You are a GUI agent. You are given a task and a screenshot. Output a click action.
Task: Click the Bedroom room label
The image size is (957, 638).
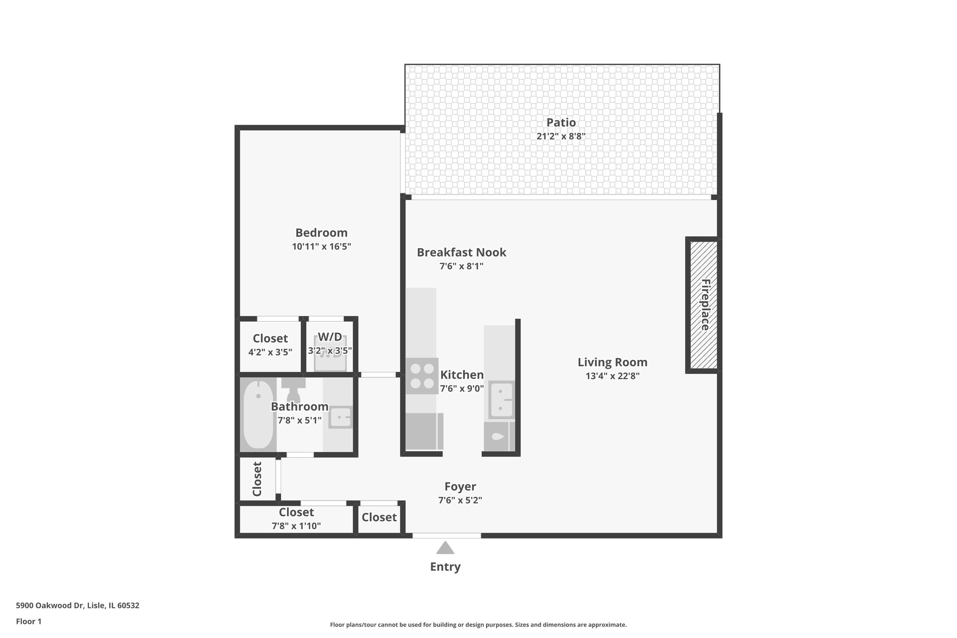(321, 233)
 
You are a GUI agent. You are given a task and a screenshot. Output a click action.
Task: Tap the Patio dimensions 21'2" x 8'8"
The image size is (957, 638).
(561, 136)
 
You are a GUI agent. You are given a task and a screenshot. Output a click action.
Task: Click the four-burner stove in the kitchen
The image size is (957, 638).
(422, 376)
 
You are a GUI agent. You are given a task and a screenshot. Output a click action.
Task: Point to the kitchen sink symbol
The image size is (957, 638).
(501, 400)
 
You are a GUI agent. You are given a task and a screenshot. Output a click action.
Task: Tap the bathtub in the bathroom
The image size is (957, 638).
(258, 415)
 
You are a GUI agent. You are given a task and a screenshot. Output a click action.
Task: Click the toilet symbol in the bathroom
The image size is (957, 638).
(293, 391)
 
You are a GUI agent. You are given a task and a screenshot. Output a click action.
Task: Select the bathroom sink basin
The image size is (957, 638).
(340, 417)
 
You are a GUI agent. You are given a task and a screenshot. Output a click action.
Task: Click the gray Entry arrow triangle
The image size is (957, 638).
(445, 548)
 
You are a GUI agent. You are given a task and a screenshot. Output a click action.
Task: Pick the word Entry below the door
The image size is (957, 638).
(445, 567)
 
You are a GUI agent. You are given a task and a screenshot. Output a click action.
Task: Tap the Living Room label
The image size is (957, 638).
(612, 362)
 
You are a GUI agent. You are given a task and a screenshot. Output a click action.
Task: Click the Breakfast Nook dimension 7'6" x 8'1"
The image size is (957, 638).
(461, 266)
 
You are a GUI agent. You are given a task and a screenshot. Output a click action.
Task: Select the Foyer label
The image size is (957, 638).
(460, 487)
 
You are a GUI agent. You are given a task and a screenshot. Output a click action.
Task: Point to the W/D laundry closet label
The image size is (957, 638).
(330, 337)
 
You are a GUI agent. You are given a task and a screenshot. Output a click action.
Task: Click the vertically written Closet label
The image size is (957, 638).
(257, 479)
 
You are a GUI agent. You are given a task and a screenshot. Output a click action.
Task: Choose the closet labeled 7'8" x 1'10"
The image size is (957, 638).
(296, 519)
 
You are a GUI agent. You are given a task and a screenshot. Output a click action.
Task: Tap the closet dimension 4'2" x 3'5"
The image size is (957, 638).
(270, 352)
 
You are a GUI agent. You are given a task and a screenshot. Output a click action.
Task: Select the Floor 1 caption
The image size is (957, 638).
(29, 621)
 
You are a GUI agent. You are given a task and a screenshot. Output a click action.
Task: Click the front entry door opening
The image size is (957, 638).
(446, 536)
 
